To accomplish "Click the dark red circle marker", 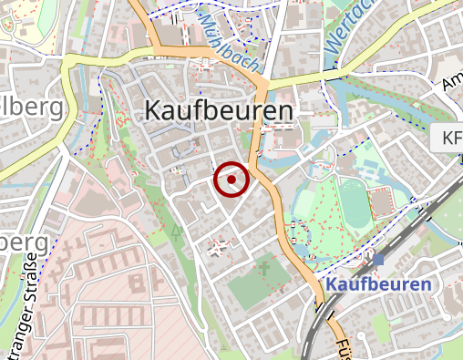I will [231, 180].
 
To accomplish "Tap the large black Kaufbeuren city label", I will [219, 111].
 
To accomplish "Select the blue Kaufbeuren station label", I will [378, 285].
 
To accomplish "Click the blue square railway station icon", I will [378, 261].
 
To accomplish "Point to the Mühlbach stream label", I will [225, 38].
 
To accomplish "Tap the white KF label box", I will [449, 139].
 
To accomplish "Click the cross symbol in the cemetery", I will [265, 269].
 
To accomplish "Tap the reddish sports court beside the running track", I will [382, 196].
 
